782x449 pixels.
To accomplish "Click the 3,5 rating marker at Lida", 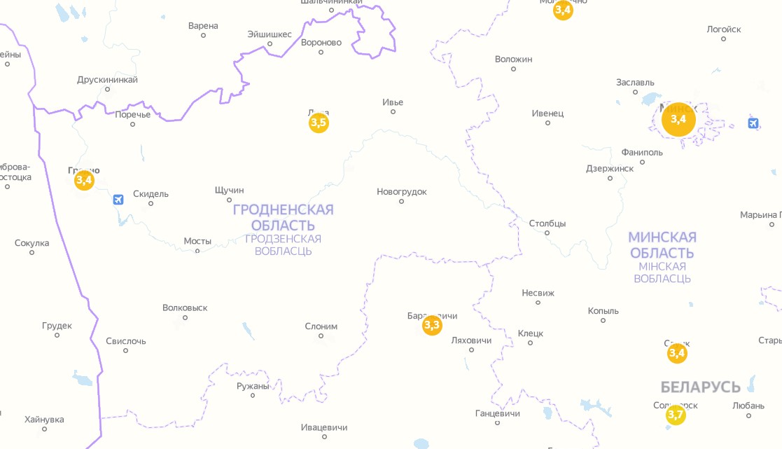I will point(319,123).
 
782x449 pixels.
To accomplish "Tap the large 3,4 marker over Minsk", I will point(678,119).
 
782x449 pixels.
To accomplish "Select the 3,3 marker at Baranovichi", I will point(432,325).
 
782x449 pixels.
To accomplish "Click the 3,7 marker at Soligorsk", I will point(676,415).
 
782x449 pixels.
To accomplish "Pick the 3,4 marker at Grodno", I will point(84,181).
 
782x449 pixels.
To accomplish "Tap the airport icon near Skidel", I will point(118,200).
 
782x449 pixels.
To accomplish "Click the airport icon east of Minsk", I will point(753,124).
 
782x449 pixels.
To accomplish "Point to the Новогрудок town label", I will point(401,192).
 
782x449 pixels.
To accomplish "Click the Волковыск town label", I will point(185,308).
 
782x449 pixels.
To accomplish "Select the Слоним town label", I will point(321,326).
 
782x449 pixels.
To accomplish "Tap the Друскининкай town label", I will point(107,80).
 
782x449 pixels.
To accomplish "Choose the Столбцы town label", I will point(547,223).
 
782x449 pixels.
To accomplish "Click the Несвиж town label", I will point(538,293).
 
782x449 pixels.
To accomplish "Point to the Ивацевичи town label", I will point(324,427).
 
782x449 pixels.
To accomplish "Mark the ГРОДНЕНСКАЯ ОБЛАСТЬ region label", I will point(283,217).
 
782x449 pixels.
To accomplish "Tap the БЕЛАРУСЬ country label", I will point(700,387).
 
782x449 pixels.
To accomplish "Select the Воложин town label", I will point(513,60).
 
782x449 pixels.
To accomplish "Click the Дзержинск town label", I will point(610,168).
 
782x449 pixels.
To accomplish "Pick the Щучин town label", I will point(230,190).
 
